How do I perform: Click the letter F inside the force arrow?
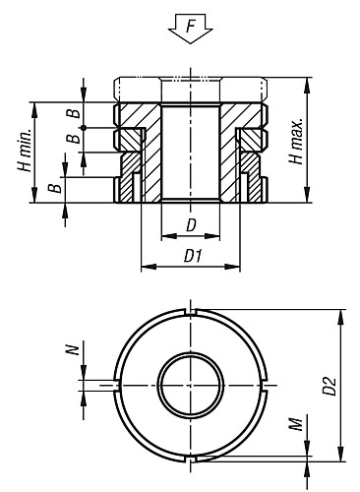click(x=191, y=26)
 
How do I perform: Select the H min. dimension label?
click(x=25, y=150)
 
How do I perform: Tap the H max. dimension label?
click(x=297, y=142)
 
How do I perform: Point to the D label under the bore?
click(x=191, y=225)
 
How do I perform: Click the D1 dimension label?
click(x=193, y=256)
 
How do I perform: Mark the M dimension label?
click(x=296, y=424)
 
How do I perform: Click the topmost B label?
click(x=74, y=113)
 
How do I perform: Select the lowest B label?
click(x=55, y=188)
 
